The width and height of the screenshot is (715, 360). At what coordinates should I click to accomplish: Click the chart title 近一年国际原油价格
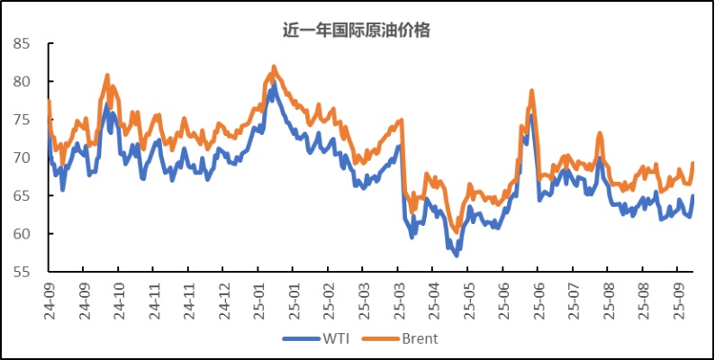(357, 29)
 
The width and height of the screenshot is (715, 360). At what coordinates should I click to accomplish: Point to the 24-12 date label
(222, 296)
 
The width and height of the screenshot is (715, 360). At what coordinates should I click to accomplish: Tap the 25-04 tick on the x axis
(431, 296)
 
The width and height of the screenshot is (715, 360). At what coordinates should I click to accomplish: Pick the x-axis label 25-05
(466, 296)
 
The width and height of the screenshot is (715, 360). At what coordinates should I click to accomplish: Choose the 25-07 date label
(571, 296)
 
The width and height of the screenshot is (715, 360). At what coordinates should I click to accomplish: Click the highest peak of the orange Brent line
(274, 67)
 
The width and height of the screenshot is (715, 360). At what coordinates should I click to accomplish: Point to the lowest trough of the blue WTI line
(457, 255)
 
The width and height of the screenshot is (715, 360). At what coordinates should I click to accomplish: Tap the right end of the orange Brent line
(692, 163)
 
